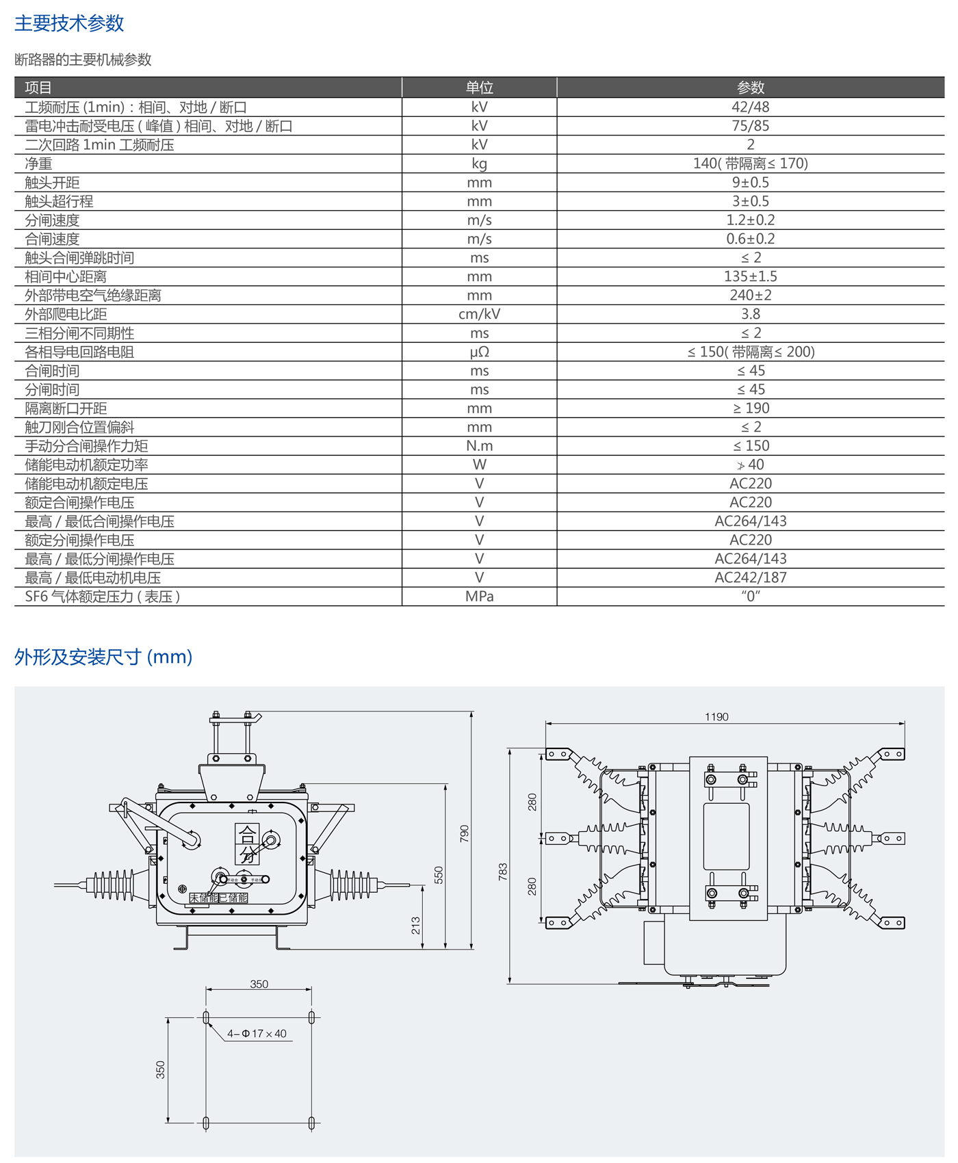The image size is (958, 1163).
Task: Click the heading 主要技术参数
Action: tap(69, 23)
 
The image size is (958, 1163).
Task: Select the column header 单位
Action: tap(479, 88)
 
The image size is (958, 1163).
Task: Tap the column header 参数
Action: tap(751, 88)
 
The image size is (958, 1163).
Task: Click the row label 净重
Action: tap(39, 164)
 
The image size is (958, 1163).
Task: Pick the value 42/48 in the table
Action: tap(751, 107)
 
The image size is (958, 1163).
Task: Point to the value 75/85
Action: tap(751, 126)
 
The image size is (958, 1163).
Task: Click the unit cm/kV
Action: tap(479, 314)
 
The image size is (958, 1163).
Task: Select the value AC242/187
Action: tap(751, 577)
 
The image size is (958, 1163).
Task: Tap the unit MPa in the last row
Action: tap(479, 597)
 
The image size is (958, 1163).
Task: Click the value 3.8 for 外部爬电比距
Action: tap(751, 314)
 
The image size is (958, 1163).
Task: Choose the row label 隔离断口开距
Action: tap(66, 408)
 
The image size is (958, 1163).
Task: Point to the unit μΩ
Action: tap(479, 352)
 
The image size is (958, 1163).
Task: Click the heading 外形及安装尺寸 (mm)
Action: tap(103, 657)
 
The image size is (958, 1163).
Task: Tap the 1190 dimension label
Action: tap(716, 717)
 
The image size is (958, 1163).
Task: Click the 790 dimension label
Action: tap(465, 833)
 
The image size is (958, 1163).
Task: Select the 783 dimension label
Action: tap(504, 872)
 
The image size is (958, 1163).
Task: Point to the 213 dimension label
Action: tap(416, 926)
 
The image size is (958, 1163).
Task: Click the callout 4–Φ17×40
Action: tap(257, 1034)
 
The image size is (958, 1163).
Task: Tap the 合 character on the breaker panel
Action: tap(247, 835)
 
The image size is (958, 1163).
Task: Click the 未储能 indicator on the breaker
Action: tap(203, 898)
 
